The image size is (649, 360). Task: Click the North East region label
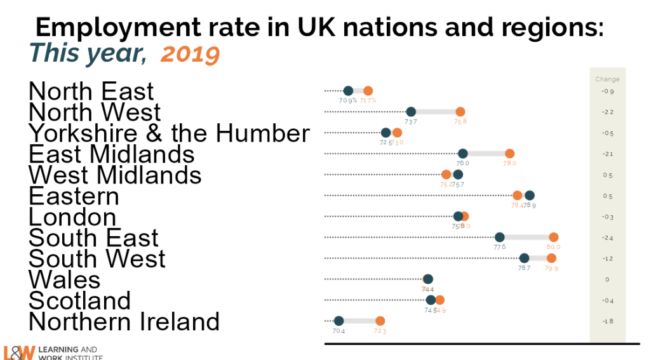[x=91, y=91]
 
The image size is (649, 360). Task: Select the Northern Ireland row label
[x=124, y=321]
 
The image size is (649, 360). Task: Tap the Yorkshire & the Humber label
[x=169, y=133]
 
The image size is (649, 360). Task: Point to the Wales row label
[x=64, y=279]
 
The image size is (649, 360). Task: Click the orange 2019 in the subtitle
[x=191, y=55]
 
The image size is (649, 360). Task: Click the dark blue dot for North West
[x=411, y=112]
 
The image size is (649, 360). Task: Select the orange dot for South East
[x=554, y=237]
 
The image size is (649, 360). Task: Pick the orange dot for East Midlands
[x=509, y=154]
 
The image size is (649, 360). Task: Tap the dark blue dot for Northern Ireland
[x=338, y=321]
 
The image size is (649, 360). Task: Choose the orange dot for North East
[x=368, y=91]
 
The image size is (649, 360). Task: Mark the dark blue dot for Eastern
[x=530, y=196]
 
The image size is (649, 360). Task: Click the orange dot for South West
[x=551, y=258]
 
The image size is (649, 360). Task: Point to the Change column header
[x=607, y=79]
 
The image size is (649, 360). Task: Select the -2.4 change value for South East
[x=607, y=238]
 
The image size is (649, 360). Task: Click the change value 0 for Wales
[x=607, y=280]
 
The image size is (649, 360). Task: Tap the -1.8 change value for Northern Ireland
[x=607, y=322]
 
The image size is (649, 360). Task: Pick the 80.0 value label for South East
[x=553, y=247]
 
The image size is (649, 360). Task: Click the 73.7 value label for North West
[x=411, y=121]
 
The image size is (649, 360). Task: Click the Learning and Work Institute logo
[x=51, y=353]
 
